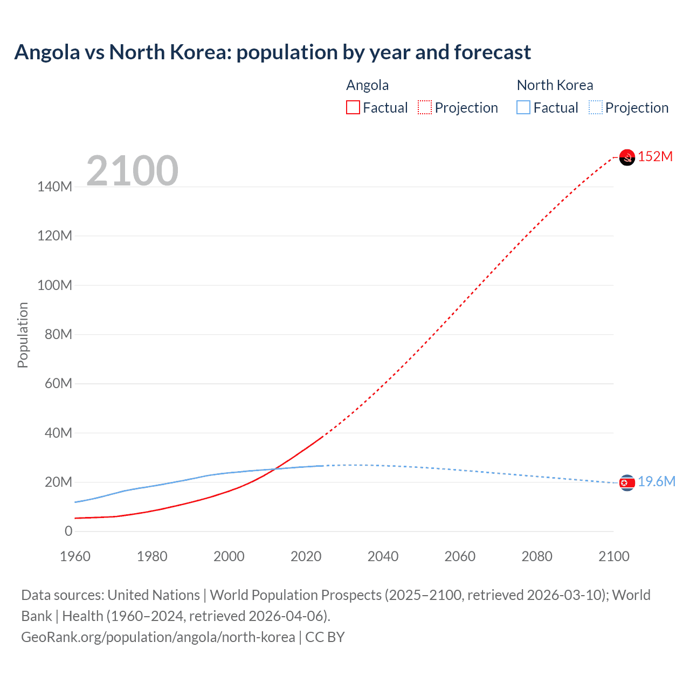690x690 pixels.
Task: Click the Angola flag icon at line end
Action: tap(627, 157)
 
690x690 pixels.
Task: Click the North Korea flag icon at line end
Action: tap(627, 483)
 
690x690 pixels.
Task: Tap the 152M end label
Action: tap(655, 157)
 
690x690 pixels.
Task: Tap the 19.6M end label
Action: tap(656, 482)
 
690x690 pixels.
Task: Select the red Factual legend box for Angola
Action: tap(353, 108)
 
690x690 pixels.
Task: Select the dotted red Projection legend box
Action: tap(425, 108)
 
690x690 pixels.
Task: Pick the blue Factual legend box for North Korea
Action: tap(523, 108)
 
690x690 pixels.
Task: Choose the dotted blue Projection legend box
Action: tap(596, 108)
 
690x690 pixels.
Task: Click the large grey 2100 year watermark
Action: tap(132, 171)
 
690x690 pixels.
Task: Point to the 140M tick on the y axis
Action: tap(54, 187)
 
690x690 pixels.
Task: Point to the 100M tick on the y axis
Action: tap(54, 286)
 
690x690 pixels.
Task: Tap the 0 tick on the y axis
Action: tap(68, 532)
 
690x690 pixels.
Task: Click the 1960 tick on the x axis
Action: tap(75, 556)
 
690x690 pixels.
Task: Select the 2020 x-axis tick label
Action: tap(306, 556)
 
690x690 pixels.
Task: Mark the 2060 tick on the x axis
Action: tap(460, 556)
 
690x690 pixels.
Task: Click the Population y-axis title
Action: tap(23, 335)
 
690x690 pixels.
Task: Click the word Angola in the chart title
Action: tap(47, 52)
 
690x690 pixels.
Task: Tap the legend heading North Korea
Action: tap(555, 85)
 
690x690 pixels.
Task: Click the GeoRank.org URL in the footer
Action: tap(158, 637)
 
